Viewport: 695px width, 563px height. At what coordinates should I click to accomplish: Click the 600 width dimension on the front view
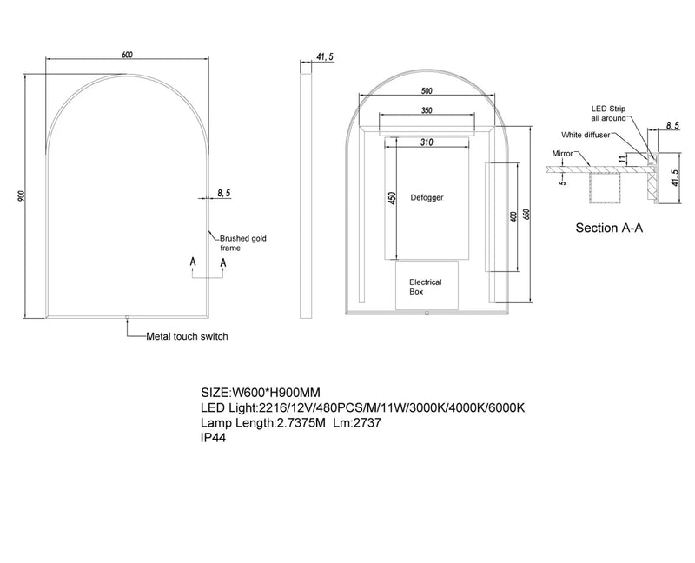pos(127,56)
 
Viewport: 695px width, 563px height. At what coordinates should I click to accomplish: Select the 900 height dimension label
pos(20,197)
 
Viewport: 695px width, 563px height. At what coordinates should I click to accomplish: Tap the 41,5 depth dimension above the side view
pos(325,56)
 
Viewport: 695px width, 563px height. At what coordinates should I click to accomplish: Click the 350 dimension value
pos(426,110)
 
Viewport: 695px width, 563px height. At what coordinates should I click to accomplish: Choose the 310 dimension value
pos(426,142)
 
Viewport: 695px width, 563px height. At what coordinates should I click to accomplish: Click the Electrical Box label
pos(426,288)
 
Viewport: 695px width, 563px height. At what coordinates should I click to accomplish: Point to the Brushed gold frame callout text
pos(236,242)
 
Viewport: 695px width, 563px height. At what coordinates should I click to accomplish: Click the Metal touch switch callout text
pos(187,336)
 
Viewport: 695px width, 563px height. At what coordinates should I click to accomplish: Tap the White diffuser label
pos(586,136)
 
